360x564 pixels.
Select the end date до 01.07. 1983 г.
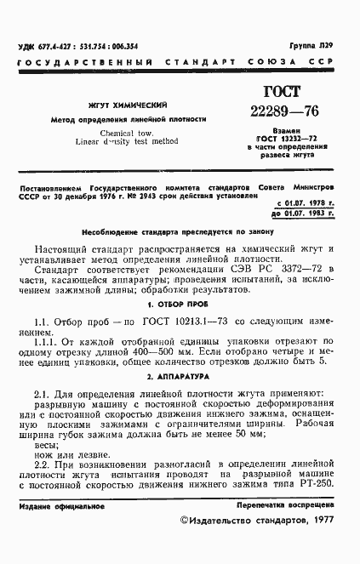[306, 214]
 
